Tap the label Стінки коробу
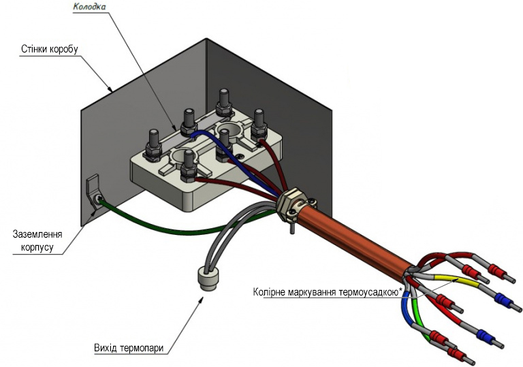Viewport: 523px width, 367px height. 49,49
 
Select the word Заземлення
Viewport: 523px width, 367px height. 37,234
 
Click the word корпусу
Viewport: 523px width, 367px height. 37,248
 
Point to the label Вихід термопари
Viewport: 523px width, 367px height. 129,349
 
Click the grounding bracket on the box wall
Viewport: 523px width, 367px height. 93,193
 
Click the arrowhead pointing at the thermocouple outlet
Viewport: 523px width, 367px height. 201,300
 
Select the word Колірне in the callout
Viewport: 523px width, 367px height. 268,292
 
